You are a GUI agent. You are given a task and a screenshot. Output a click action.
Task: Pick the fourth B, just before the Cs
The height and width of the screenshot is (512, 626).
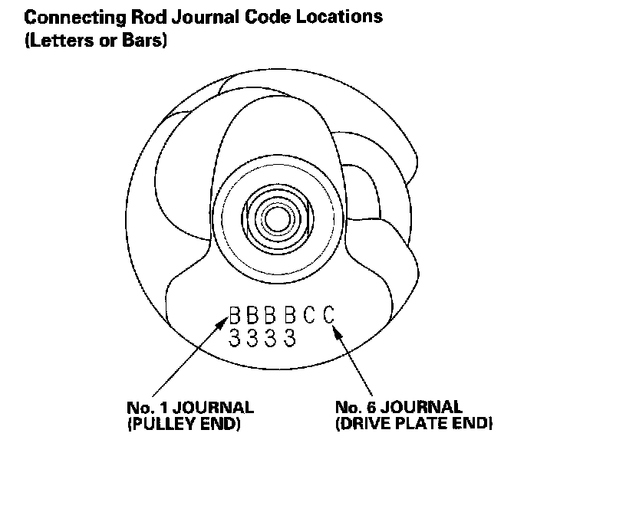290,316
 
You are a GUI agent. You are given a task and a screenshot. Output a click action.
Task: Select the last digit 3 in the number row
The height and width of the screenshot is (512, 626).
290,337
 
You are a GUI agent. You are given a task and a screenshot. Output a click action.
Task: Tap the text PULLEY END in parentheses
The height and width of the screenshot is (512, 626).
183,423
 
